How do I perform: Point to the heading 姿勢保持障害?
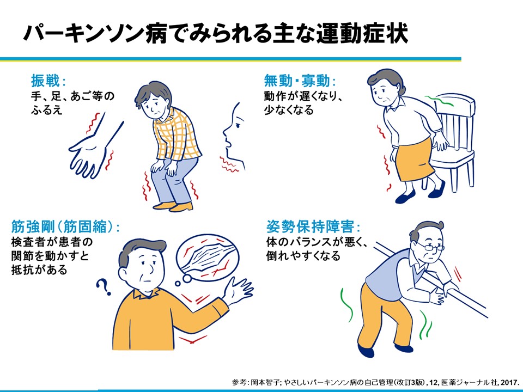pyautogui.click(x=313, y=226)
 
